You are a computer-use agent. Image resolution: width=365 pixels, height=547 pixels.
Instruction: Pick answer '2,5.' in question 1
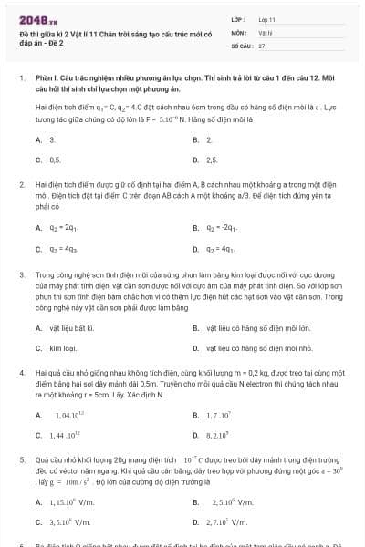point(212,160)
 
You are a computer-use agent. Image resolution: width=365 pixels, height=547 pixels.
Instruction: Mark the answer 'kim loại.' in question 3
point(62,347)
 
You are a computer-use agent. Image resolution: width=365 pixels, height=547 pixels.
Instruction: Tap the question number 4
point(21,372)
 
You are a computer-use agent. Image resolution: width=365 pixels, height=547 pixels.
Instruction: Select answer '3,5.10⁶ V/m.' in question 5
point(71,522)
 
